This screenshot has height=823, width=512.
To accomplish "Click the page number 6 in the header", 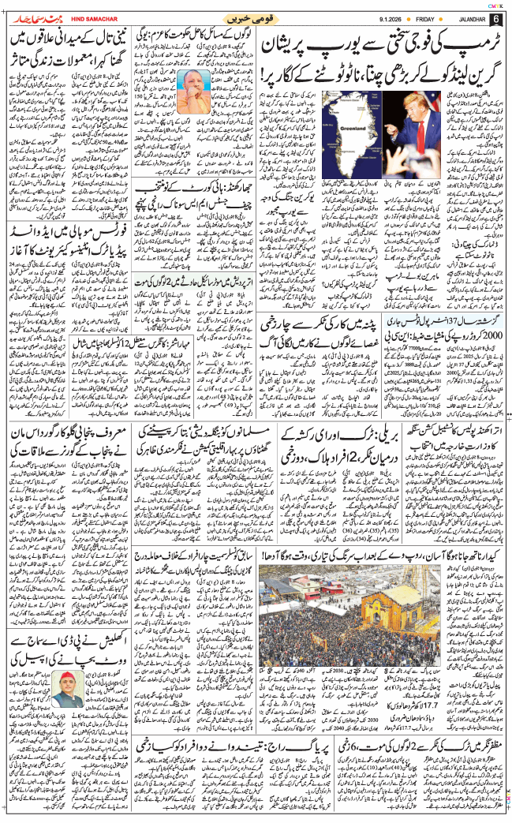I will pos(495,18).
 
